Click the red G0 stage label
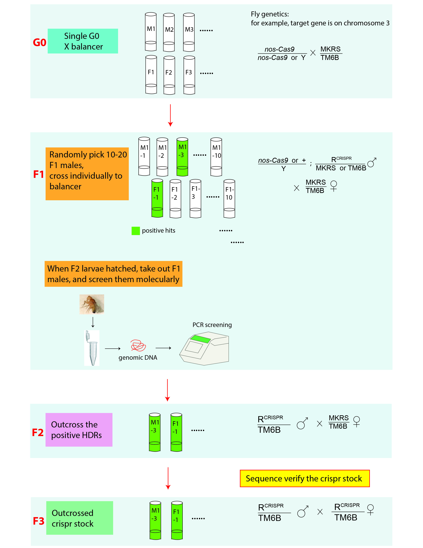pos(39,42)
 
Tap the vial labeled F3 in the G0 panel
pos(189,75)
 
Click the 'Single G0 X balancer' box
pos(83,41)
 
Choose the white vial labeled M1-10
pos(216,157)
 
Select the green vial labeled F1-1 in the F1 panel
pos(157,198)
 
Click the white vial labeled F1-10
pos(229,198)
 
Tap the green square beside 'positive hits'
pos(136,231)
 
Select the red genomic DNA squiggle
pos(138,346)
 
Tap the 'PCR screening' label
pos(212,325)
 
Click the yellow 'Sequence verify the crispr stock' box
pos(304,478)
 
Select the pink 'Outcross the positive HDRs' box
pos(79,430)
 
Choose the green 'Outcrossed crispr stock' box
pos(79,518)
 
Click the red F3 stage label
pos(39,521)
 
